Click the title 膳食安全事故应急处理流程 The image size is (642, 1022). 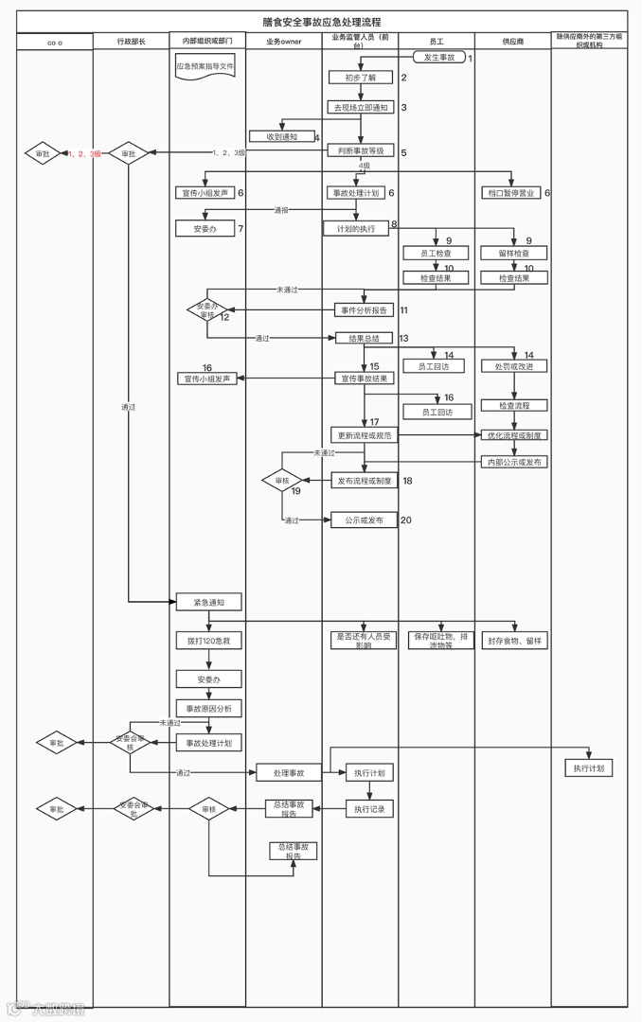click(x=321, y=22)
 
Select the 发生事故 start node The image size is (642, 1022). click(x=438, y=58)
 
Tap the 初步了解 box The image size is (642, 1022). click(x=361, y=78)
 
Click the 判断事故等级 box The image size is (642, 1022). click(x=361, y=151)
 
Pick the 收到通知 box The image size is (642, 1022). click(x=282, y=136)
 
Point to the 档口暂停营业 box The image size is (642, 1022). click(x=511, y=193)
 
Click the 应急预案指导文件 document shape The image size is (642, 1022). click(x=205, y=67)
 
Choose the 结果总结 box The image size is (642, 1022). click(x=364, y=338)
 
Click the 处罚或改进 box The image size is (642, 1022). click(x=514, y=366)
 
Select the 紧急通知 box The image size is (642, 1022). click(x=208, y=602)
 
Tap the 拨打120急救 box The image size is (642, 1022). click(x=208, y=641)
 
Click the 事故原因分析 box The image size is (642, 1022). click(x=208, y=708)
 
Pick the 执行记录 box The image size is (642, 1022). click(x=368, y=809)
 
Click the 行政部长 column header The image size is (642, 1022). click(x=131, y=43)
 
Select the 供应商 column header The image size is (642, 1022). click(x=513, y=43)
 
